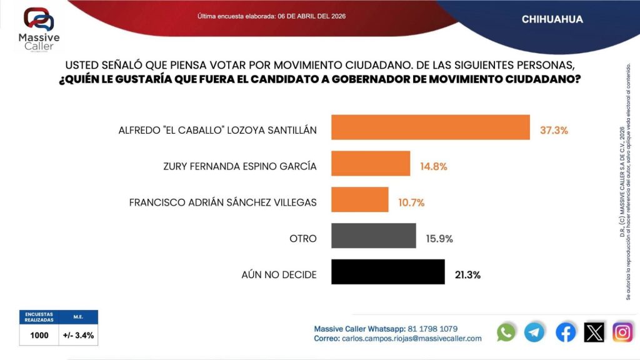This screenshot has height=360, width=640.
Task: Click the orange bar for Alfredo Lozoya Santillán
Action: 430,127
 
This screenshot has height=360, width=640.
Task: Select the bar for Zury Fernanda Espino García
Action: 370,164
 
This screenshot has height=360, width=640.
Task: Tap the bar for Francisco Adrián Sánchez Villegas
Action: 359,200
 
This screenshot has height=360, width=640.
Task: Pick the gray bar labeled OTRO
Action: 373,236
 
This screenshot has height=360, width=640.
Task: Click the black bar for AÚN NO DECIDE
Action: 387,272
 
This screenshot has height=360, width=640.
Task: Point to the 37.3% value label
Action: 554,131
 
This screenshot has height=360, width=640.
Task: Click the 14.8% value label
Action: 434,167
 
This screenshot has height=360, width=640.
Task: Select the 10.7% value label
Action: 411,202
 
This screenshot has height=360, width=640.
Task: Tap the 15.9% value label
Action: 439,239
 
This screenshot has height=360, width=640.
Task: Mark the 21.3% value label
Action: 467,274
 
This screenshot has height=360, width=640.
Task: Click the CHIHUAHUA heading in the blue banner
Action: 552,19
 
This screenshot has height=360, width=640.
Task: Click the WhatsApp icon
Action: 506,332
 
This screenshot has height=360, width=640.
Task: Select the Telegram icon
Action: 534,332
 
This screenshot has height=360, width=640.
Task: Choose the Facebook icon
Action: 566,332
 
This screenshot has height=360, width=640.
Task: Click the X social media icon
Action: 594,332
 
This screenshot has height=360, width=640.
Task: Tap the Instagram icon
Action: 622,332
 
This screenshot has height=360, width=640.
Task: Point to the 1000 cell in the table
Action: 39,335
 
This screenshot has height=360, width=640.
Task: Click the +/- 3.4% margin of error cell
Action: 79,335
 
